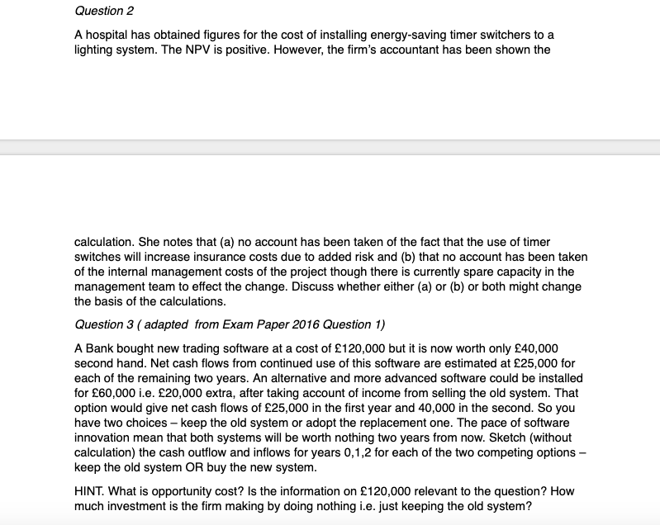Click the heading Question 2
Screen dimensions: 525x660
[x=104, y=12]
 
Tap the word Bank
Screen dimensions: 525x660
[x=103, y=348]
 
